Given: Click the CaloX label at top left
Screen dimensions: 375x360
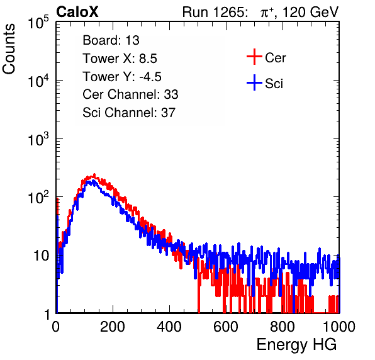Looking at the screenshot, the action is (x=77, y=12).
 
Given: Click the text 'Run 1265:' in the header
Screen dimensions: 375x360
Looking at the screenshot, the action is (x=215, y=12).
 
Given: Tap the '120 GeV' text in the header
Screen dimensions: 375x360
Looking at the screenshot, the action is (x=311, y=12).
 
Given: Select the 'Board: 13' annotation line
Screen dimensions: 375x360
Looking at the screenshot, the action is (x=111, y=40).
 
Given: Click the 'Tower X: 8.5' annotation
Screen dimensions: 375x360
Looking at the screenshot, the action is (x=120, y=59).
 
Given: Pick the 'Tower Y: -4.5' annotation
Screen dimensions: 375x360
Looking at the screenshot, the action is (x=122, y=77).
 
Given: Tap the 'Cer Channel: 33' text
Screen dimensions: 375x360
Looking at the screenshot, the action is (x=130, y=94).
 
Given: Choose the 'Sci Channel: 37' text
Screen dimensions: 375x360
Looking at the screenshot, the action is (x=129, y=113).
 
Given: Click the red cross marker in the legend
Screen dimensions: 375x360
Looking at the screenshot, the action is (x=254, y=57).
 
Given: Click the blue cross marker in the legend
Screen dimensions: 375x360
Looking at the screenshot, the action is (x=254, y=83).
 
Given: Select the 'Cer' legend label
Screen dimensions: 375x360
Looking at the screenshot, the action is (x=275, y=58).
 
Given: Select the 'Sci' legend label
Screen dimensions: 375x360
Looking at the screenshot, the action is (x=274, y=84).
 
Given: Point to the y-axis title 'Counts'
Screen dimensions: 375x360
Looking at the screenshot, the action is (x=9, y=49).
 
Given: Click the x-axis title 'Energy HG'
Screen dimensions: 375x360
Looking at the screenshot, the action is (x=296, y=345).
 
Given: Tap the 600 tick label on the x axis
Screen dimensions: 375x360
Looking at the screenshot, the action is (x=226, y=327).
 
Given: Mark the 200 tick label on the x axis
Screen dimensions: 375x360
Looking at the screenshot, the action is (x=113, y=327).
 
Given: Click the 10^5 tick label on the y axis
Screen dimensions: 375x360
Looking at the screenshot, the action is (x=38, y=22).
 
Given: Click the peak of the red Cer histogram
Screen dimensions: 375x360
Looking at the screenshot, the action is (x=94, y=175).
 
